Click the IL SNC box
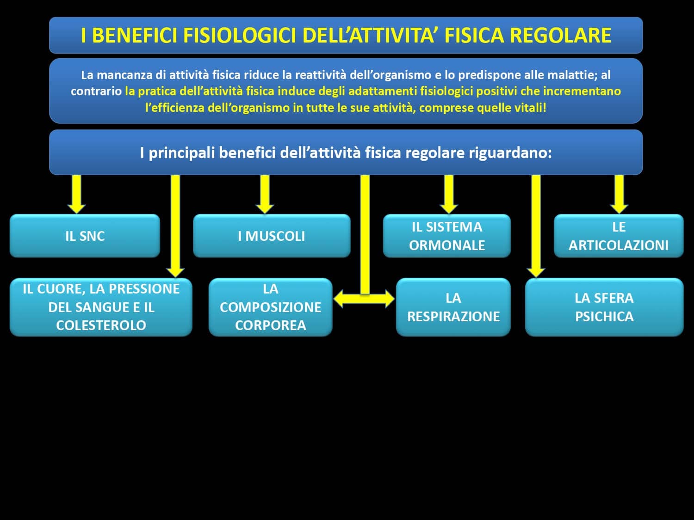click(85, 236)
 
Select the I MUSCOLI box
click(272, 236)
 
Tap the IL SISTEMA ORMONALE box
click(447, 236)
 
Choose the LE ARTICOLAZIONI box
click(619, 236)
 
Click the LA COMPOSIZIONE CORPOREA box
click(271, 307)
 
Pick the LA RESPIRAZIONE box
click(453, 307)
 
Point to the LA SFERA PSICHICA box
click(604, 307)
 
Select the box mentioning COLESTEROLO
click(101, 307)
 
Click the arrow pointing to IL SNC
click(77, 194)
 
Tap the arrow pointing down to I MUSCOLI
click(265, 194)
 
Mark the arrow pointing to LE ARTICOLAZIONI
click(619, 194)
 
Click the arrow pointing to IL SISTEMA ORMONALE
click(449, 194)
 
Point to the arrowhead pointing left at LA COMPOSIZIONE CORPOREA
click(340, 299)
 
